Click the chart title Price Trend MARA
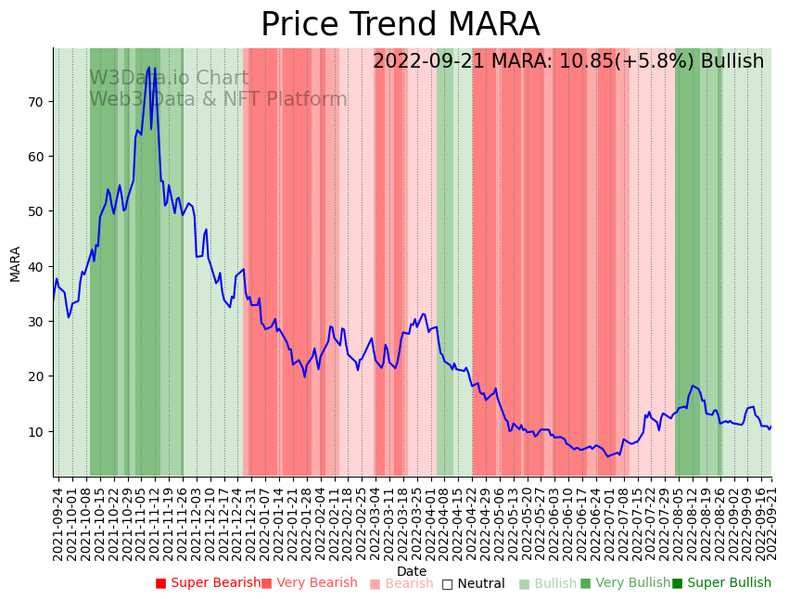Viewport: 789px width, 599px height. pos(400,25)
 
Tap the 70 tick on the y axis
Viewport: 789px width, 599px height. pos(41,101)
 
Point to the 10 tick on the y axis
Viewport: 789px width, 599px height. pos(41,431)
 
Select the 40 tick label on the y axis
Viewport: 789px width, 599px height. pos(41,266)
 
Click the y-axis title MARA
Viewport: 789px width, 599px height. pos(16,263)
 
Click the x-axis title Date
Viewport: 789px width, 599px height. pos(412,571)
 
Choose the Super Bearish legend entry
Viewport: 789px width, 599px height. pos(209,583)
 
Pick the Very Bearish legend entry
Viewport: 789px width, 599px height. pos(309,583)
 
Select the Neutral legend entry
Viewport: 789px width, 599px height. pos(473,583)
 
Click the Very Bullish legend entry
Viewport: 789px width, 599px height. pos(625,583)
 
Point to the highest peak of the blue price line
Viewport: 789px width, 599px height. pos(148,68)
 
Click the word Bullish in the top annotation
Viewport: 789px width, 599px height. pos(732,61)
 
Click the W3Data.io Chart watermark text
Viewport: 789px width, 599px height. pos(169,79)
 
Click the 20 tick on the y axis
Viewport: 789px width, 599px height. pos(41,376)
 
